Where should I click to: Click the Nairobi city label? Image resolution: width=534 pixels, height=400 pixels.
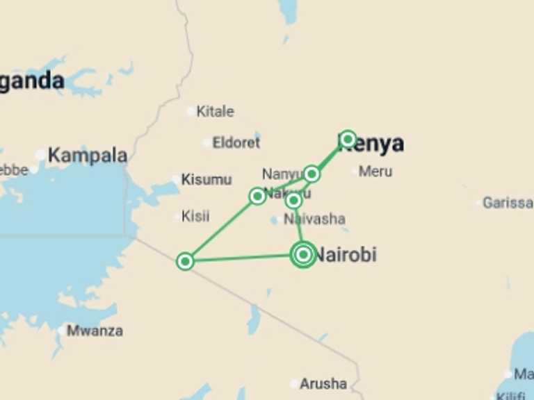coord(346,255)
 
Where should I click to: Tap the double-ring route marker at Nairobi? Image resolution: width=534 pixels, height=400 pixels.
coord(303,255)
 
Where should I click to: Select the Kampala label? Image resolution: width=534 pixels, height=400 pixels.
coord(88,156)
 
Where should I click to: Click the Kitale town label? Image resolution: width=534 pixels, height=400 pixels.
coord(215,111)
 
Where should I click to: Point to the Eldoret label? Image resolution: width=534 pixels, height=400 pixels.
coord(236,143)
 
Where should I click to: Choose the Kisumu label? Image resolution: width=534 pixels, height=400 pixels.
coord(207,179)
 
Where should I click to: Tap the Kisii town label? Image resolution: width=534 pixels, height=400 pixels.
coord(195,216)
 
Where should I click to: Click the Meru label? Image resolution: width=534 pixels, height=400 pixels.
coord(375,171)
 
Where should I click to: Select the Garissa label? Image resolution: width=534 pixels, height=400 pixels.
coord(508,203)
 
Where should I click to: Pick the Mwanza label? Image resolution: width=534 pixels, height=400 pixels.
coord(95,331)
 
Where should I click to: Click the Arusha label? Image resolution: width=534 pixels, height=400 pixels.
coord(323,383)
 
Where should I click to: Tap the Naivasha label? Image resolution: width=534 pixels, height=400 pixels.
coord(314,219)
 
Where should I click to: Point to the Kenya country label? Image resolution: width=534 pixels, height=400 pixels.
coord(372,143)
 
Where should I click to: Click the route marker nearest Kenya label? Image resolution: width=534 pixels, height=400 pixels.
coord(348,138)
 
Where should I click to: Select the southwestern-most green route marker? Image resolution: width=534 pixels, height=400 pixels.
coord(185,261)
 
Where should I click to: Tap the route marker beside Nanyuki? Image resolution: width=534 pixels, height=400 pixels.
coord(311,173)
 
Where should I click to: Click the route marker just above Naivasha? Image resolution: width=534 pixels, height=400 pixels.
coord(293,201)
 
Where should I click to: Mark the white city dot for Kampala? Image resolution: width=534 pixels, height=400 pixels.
coord(41,156)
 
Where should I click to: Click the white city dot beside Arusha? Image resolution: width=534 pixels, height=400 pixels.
coord(295,384)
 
